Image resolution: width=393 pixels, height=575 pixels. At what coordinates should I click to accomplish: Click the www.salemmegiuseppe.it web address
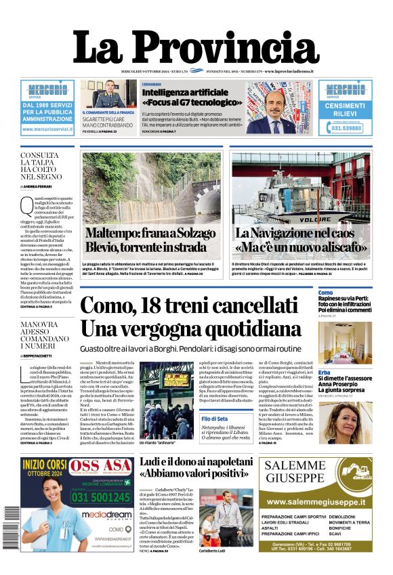(316, 502)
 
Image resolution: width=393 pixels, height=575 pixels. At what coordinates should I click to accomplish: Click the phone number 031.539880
(346, 128)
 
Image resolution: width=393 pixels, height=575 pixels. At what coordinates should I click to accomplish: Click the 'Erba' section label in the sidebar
(325, 372)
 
